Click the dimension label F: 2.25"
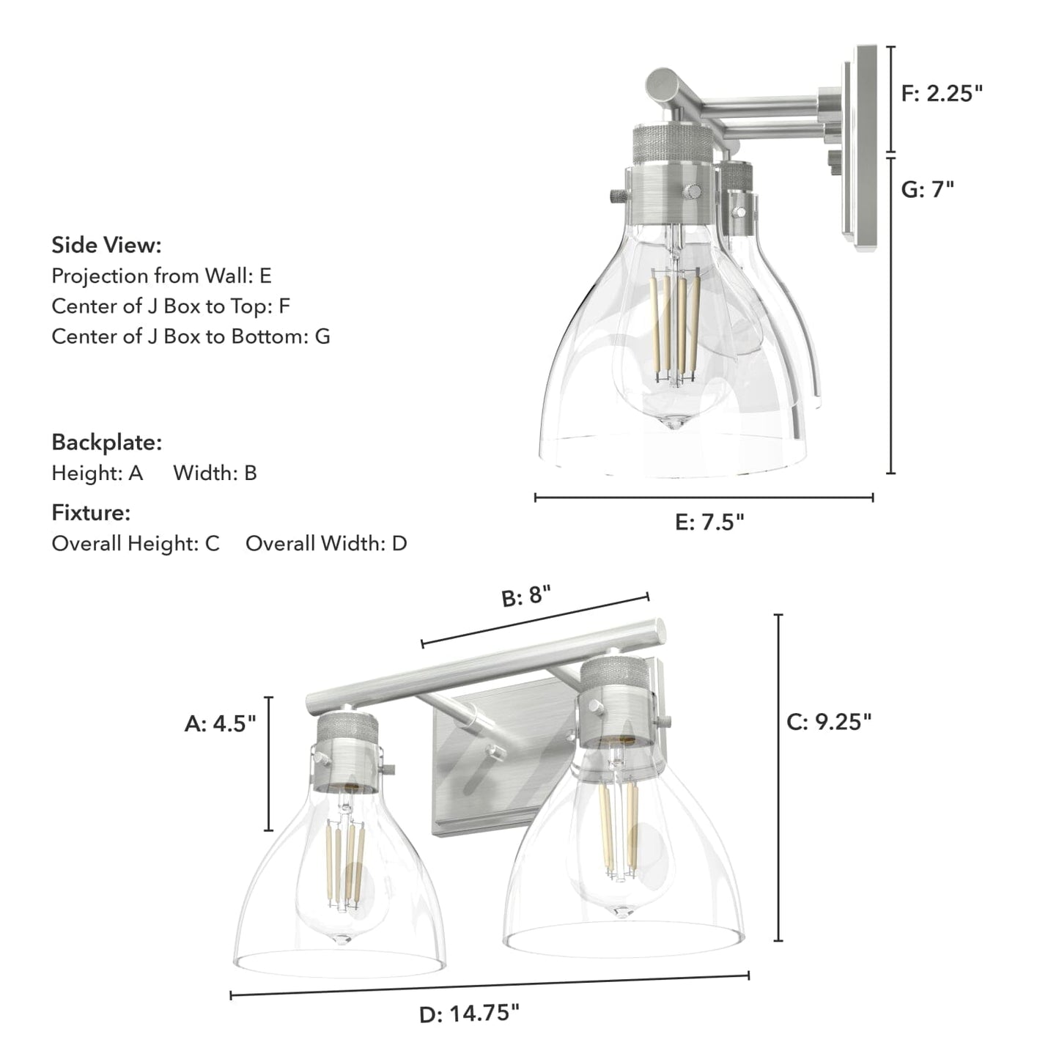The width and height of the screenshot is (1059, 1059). click(941, 94)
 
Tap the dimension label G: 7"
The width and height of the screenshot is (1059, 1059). click(927, 190)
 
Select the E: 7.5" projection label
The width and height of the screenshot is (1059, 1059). click(709, 523)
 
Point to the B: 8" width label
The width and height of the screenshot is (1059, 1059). click(525, 596)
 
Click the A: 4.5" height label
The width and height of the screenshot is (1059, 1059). click(220, 724)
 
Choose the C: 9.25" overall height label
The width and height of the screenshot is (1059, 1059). click(829, 722)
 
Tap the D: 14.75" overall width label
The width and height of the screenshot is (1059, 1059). click(469, 1014)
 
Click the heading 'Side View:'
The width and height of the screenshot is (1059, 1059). click(106, 245)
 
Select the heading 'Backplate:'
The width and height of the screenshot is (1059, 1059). click(106, 443)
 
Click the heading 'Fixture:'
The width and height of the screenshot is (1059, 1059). click(91, 513)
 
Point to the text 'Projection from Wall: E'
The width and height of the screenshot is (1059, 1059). click(161, 276)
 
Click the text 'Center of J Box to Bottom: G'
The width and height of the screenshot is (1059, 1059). click(191, 336)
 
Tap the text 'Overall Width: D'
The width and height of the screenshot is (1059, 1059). click(326, 544)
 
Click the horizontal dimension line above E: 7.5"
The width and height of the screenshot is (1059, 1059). click(704, 498)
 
